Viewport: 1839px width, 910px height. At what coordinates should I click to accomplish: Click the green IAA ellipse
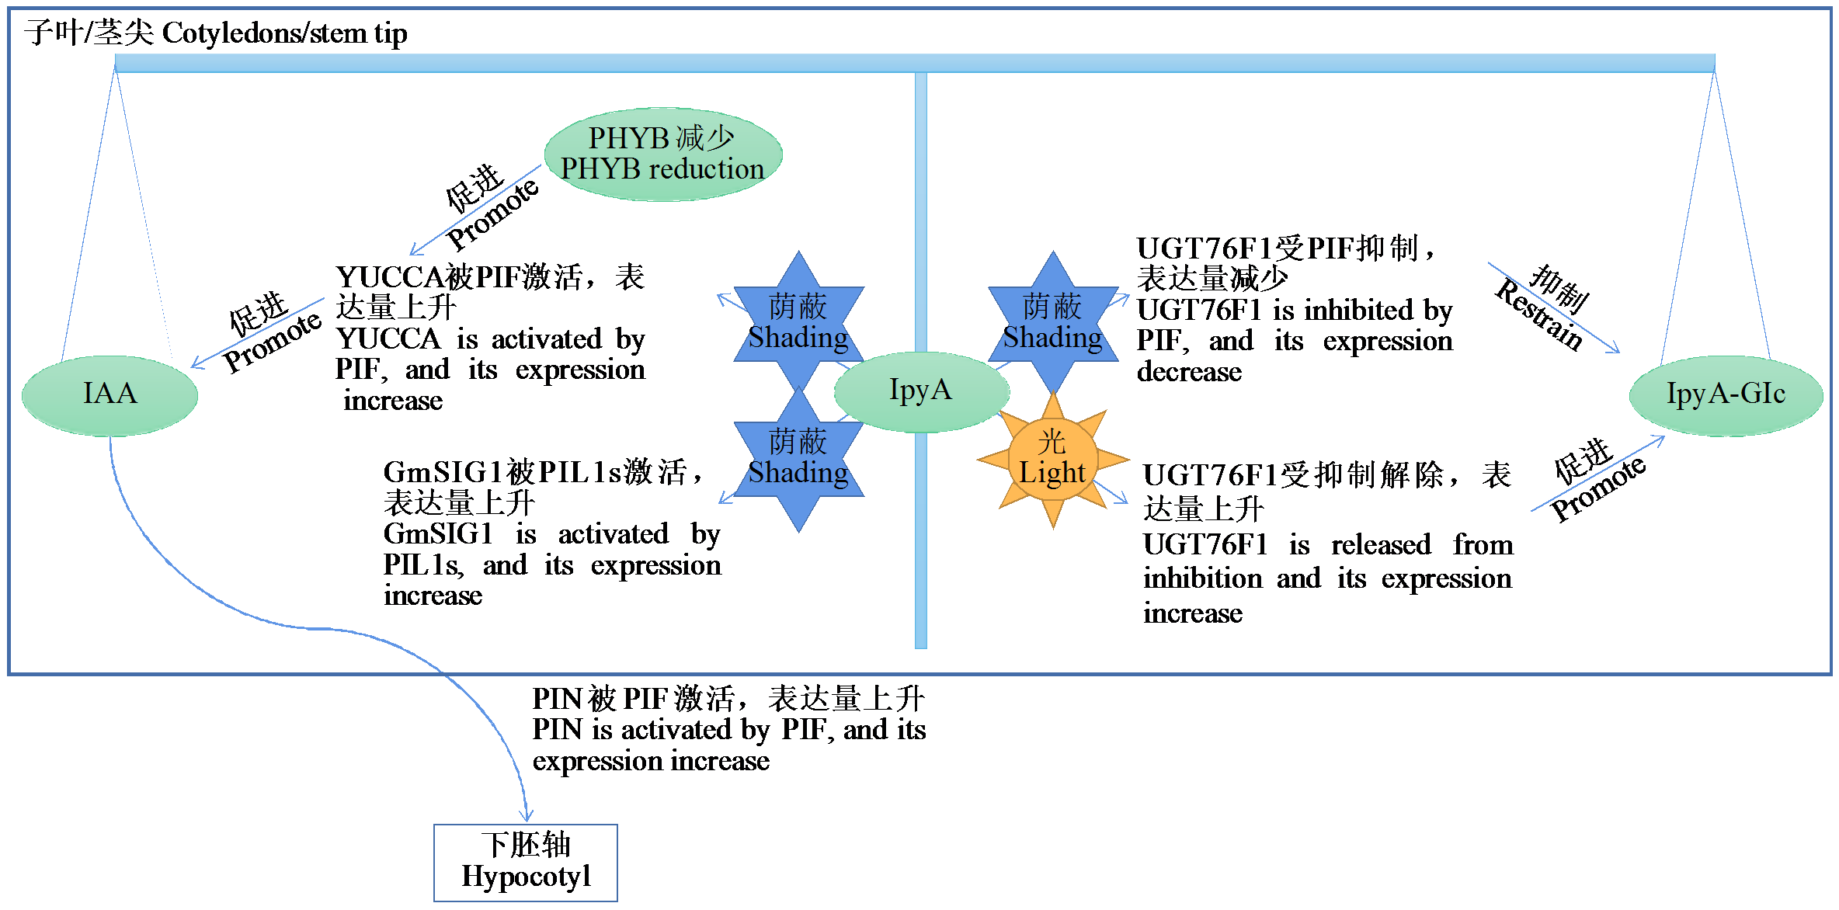point(110,394)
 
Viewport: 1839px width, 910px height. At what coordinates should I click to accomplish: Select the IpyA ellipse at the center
point(921,391)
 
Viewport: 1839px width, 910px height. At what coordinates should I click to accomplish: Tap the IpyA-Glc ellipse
point(1726,394)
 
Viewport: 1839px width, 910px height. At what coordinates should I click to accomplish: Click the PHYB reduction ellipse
point(662,154)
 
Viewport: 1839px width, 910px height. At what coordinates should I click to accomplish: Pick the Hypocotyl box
point(526,862)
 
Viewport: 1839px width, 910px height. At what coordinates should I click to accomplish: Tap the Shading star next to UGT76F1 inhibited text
point(1052,323)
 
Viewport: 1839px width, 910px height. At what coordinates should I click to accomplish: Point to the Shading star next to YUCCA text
point(798,323)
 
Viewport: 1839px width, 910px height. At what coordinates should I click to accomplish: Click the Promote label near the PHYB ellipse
point(492,214)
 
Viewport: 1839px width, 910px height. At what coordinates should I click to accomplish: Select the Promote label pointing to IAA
point(272,342)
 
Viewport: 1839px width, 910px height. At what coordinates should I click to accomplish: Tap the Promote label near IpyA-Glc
point(1598,489)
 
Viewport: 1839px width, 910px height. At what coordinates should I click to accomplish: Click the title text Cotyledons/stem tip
point(284,33)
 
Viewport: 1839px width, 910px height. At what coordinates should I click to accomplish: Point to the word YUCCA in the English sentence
point(388,339)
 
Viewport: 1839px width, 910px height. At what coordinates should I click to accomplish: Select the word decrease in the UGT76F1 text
point(1189,373)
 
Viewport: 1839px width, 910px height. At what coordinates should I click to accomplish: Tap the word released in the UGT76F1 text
point(1381,545)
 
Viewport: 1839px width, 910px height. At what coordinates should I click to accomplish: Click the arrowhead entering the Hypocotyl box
point(527,815)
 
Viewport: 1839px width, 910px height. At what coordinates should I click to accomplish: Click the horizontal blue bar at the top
point(915,63)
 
